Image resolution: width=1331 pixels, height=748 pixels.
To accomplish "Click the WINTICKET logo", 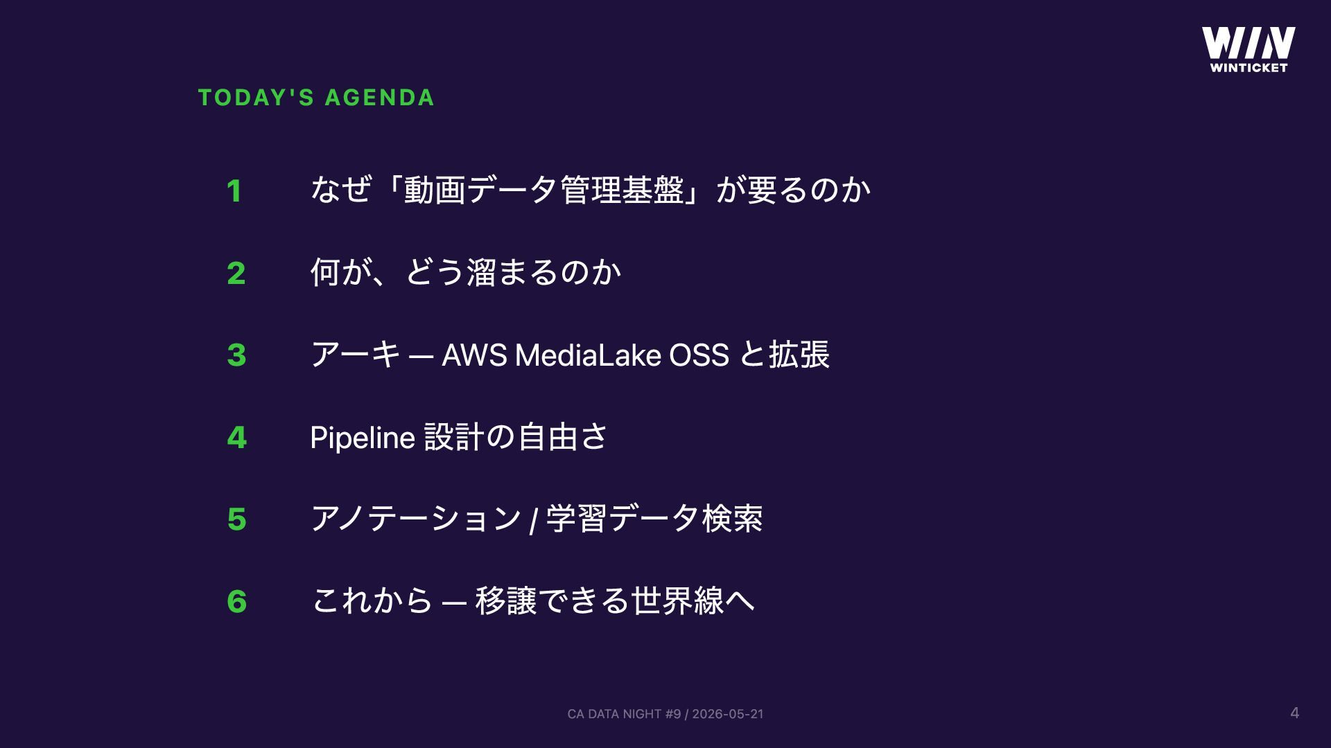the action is (x=1249, y=49).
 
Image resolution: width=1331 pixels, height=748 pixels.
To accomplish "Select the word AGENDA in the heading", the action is (x=380, y=98).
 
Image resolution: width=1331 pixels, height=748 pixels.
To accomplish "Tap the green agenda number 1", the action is (x=234, y=191).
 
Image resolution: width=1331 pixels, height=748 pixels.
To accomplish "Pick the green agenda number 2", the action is (x=236, y=273).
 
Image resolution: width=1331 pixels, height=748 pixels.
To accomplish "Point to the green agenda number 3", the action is (x=236, y=355).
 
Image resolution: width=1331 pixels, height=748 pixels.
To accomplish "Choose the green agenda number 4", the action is (x=236, y=437).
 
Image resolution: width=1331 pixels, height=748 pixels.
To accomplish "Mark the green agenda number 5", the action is (x=236, y=519).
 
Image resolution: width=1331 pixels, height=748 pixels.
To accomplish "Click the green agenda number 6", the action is (x=236, y=601).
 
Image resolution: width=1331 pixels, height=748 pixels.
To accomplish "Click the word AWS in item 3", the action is (x=475, y=355).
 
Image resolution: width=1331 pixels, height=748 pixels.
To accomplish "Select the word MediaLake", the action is (x=589, y=355).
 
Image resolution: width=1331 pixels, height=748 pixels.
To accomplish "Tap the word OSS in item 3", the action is (x=699, y=355).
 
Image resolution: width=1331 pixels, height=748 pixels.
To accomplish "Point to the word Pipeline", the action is (x=363, y=438).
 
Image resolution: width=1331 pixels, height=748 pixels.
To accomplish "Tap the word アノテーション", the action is (x=416, y=519).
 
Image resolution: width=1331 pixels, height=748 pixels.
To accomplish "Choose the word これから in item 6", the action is (x=372, y=600).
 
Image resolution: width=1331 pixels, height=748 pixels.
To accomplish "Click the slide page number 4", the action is (x=1294, y=713).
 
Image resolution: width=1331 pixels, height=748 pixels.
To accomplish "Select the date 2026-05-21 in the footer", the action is (x=728, y=714).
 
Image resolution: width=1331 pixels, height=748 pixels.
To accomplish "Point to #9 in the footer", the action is (x=673, y=714).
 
